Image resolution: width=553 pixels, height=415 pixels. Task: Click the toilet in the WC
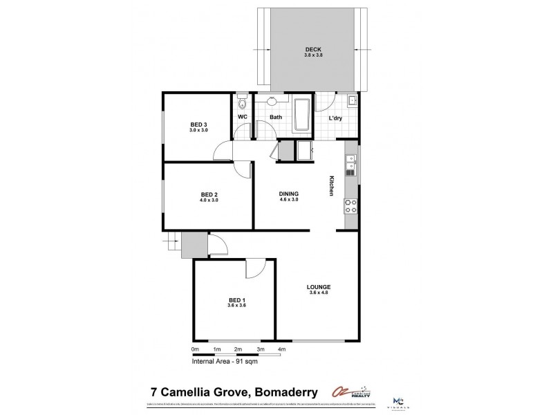click(241, 104)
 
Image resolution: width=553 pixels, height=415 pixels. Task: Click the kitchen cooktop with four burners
click(350, 205)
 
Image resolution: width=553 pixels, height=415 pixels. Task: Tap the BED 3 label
click(199, 124)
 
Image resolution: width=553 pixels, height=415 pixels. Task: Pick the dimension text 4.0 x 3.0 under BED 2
click(209, 201)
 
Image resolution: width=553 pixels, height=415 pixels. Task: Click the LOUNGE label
click(319, 286)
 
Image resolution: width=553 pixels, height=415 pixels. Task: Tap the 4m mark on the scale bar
click(281, 349)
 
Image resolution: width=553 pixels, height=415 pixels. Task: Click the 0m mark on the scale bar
click(195, 349)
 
